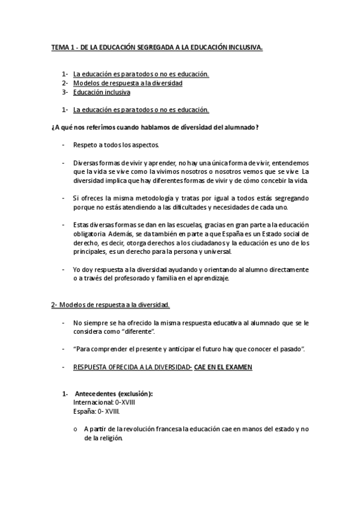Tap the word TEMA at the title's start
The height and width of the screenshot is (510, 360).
pyautogui.click(x=59, y=46)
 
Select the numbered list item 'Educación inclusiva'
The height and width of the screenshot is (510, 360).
pyautogui.click(x=102, y=92)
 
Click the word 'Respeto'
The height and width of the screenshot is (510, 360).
pyautogui.click(x=85, y=145)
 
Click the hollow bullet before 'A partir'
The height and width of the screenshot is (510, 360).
pyautogui.click(x=75, y=429)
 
